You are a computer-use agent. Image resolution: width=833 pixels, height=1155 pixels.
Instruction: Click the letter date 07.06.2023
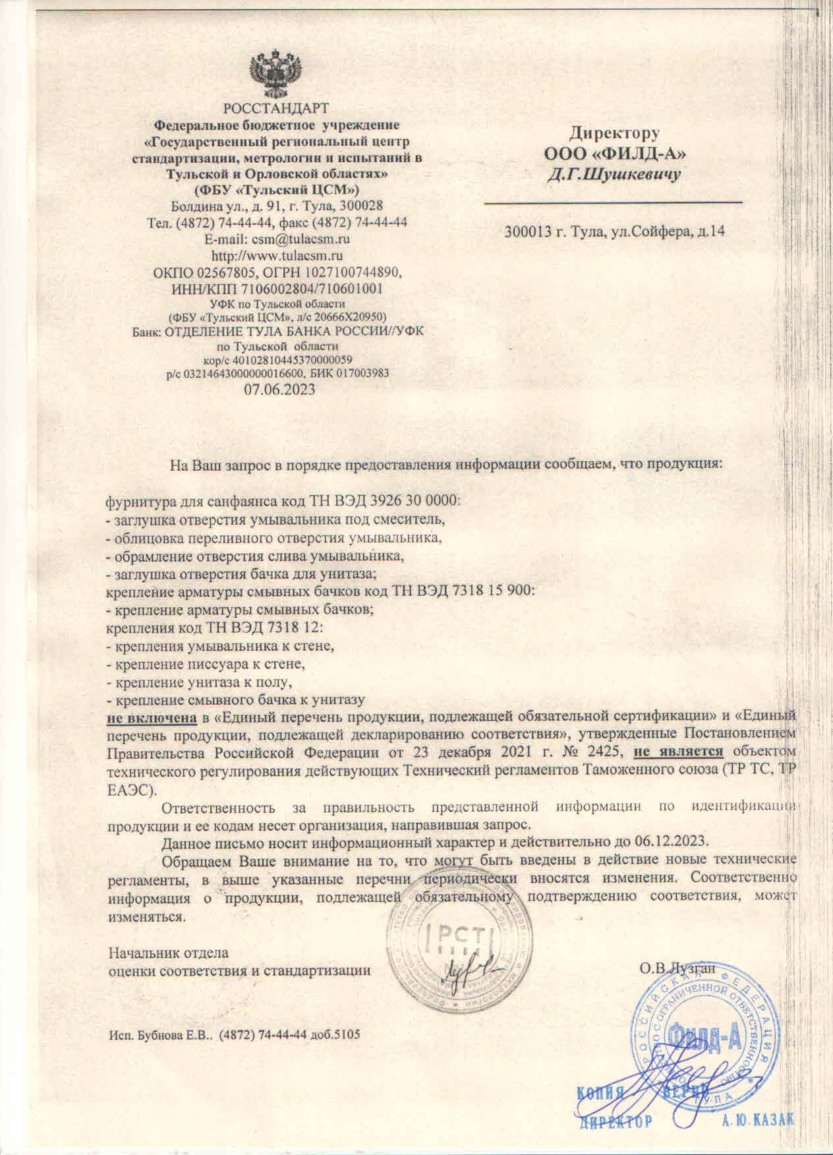(x=279, y=389)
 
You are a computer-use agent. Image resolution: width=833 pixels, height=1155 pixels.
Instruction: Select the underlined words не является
(x=678, y=751)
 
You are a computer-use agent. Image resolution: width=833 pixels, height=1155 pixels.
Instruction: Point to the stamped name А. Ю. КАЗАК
(x=759, y=1121)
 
